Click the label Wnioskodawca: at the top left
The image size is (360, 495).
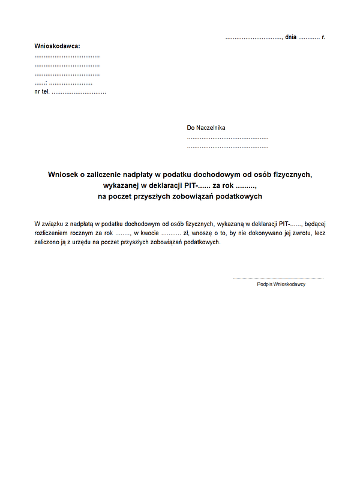(57, 46)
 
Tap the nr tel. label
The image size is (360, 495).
(42, 92)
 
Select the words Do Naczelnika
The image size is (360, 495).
(206, 128)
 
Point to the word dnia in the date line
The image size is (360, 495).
(291, 37)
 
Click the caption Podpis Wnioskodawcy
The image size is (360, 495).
(281, 284)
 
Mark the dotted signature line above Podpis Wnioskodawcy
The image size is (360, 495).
(278, 278)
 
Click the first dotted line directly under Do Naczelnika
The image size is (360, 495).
(227, 138)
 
